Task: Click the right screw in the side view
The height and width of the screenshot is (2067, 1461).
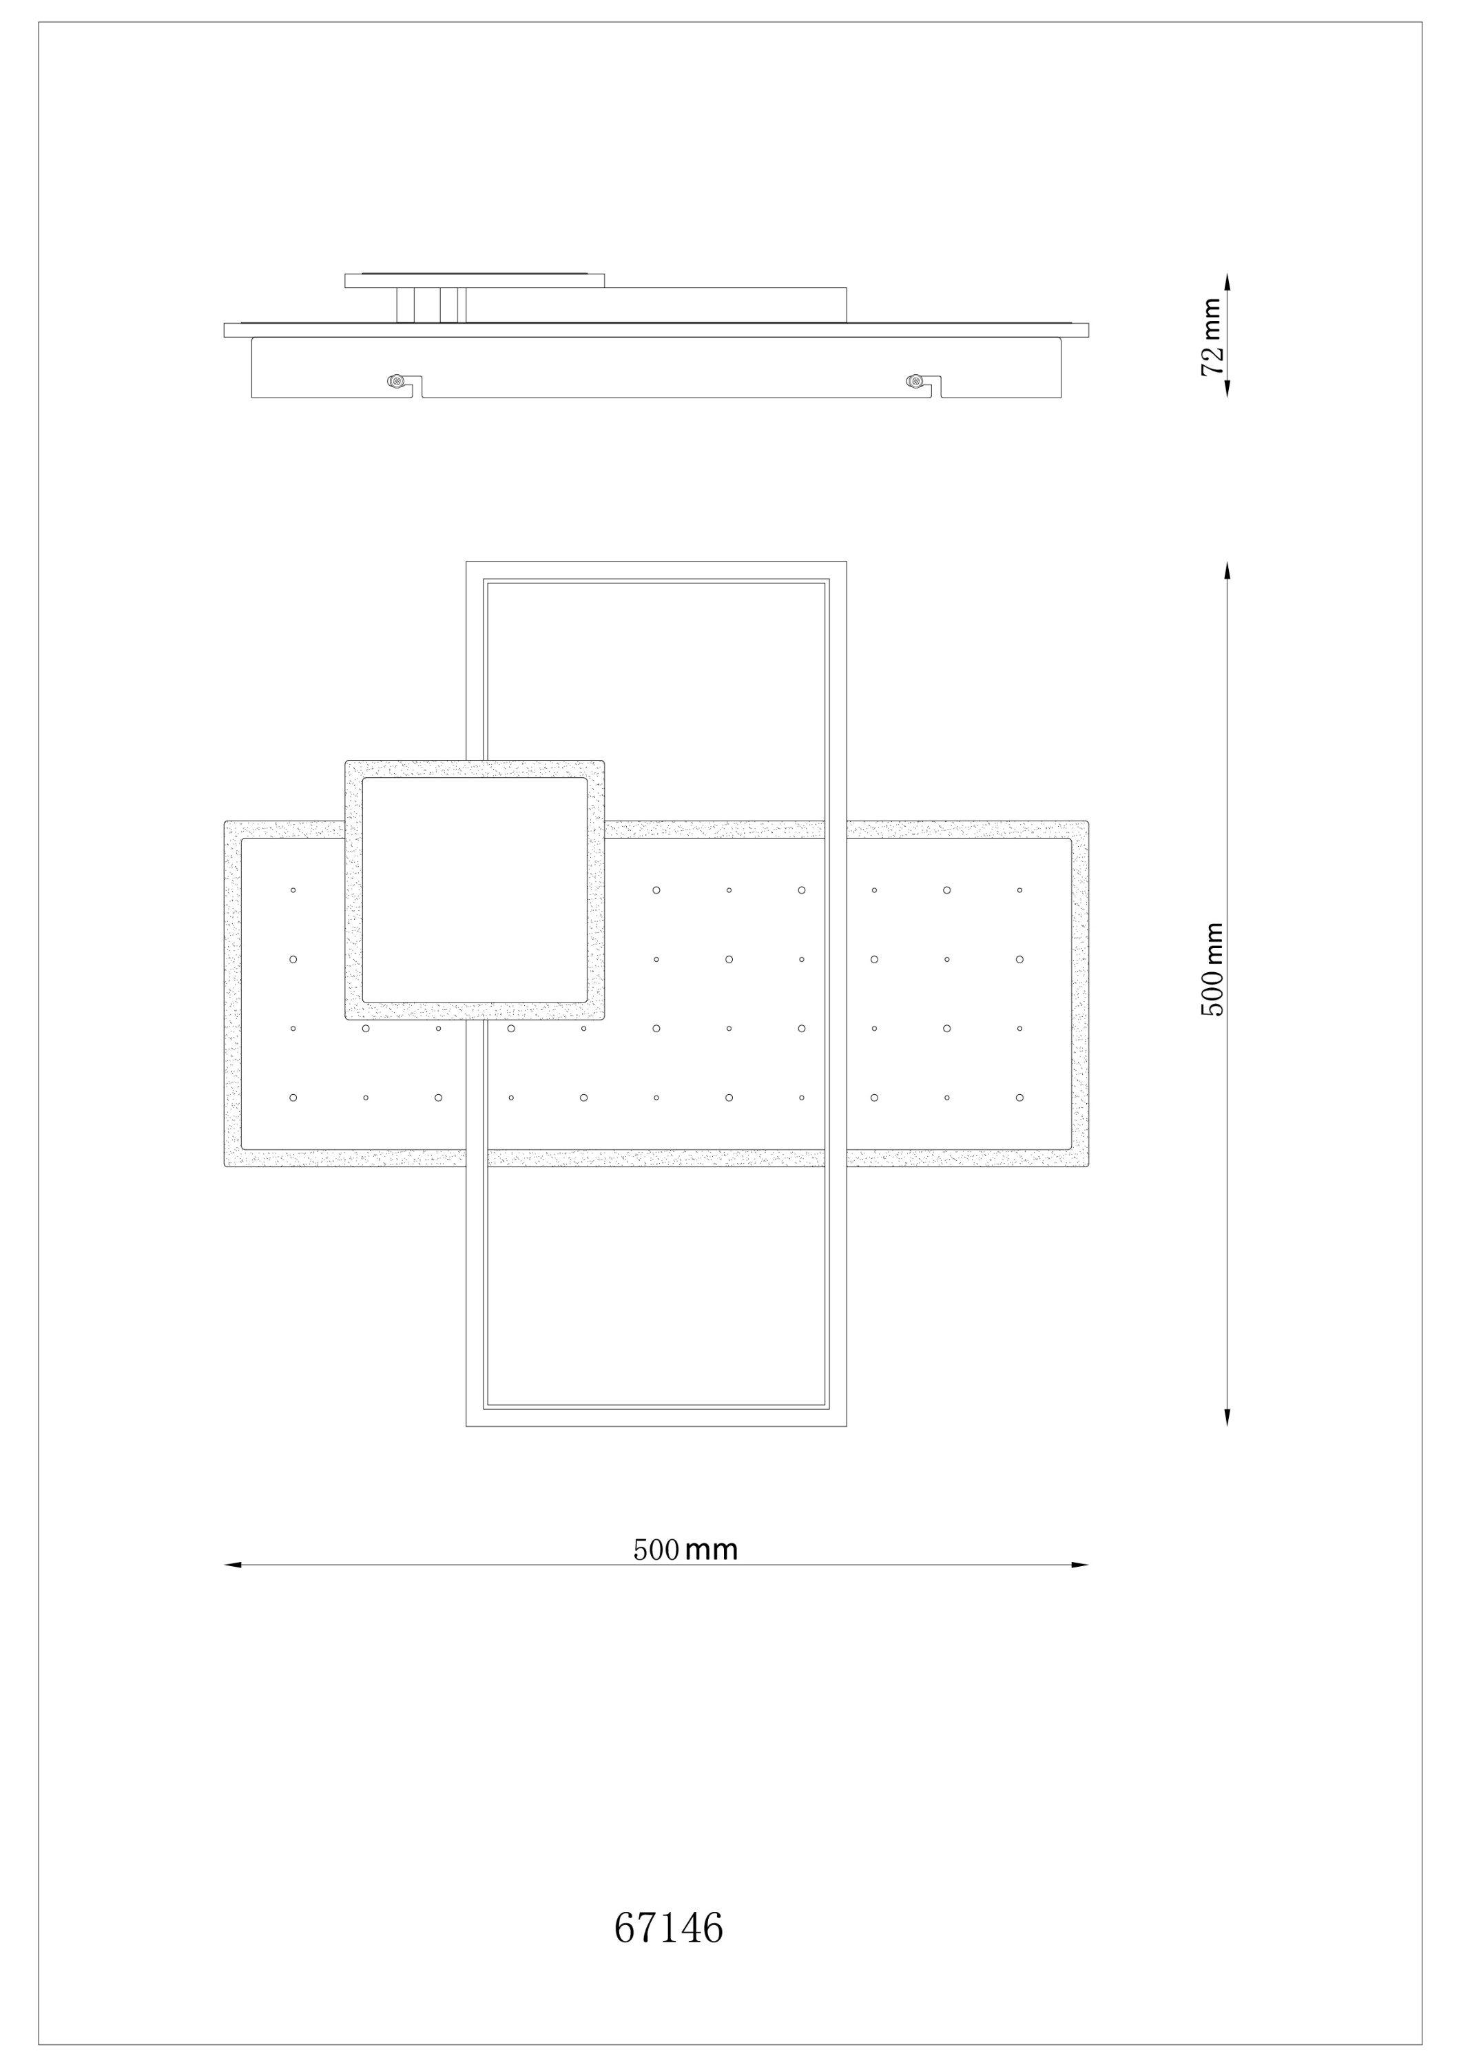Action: pyautogui.click(x=915, y=382)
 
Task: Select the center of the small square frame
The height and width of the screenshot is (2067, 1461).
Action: pyautogui.click(x=475, y=889)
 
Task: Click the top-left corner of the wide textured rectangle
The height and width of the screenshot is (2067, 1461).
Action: pyautogui.click(x=225, y=822)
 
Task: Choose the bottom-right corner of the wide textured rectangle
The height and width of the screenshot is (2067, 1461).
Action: pyautogui.click(x=1088, y=1166)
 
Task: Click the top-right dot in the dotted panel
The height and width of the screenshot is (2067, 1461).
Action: pyautogui.click(x=1020, y=890)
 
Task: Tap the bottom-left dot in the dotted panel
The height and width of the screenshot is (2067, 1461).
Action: pyautogui.click(x=293, y=1098)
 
